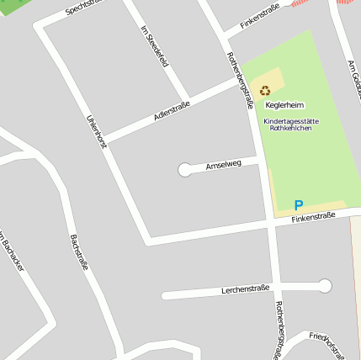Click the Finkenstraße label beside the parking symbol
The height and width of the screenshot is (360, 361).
pos(313,217)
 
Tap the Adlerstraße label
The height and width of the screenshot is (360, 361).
pos(172,113)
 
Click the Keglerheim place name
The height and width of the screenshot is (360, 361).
pos(284,105)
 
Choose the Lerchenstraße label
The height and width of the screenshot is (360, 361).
pos(245,289)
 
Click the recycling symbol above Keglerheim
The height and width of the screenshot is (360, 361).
pos(265,90)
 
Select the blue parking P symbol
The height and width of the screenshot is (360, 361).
pos(298,204)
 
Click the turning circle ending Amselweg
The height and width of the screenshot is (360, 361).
pos(184,170)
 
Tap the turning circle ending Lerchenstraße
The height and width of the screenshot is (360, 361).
pos(325,286)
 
